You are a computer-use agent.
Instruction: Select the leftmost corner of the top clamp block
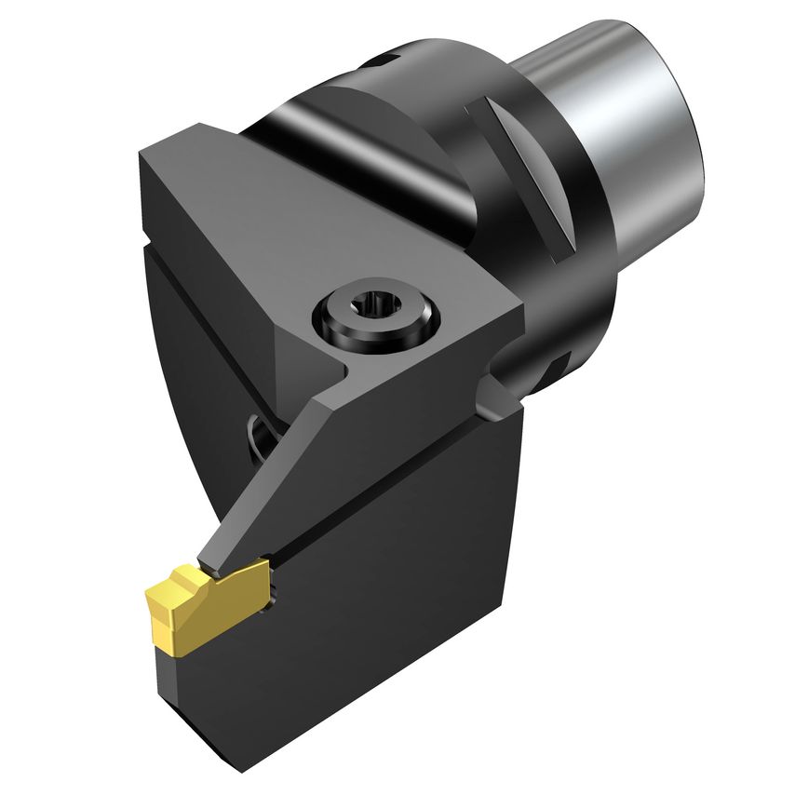[x=141, y=155]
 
